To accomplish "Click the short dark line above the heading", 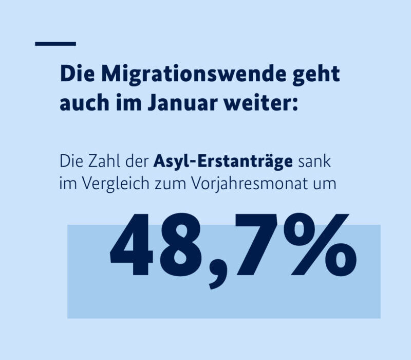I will (x=55, y=44).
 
